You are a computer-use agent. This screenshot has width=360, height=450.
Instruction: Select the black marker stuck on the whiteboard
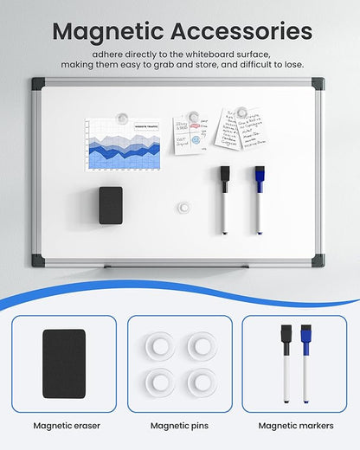coord(224,200)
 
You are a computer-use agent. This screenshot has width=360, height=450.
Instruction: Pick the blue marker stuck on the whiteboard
coord(259,200)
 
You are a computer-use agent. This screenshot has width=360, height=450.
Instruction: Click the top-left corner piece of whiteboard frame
coord(39,84)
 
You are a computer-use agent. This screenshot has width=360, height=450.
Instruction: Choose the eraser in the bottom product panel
coord(64,363)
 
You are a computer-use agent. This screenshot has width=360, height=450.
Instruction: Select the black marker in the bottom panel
coord(286,363)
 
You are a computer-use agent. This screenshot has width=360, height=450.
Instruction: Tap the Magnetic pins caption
coord(179,426)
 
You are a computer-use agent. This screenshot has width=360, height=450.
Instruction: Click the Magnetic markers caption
coord(294,426)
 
